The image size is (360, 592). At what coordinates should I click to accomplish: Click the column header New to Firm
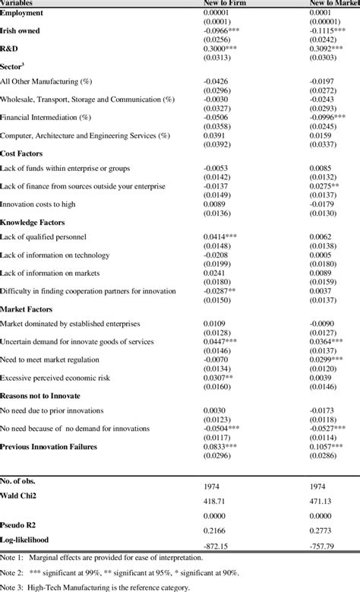pyautogui.click(x=226, y=4)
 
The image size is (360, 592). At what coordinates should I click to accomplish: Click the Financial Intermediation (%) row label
pyautogui.click(x=46, y=118)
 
